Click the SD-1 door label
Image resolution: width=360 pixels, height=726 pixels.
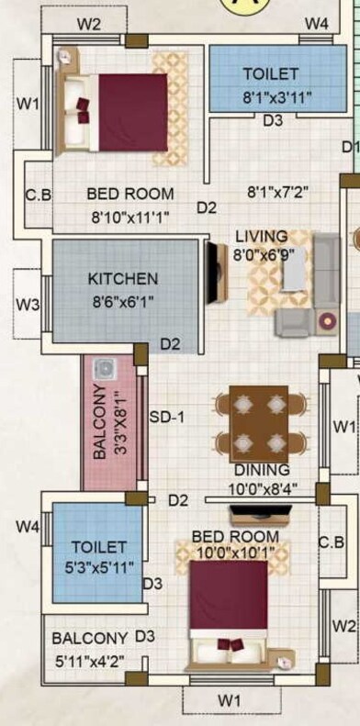click(167, 418)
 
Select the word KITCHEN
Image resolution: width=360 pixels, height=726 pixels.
click(122, 279)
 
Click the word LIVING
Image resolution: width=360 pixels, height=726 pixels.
click(261, 237)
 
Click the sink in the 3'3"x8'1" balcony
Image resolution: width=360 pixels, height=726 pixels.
click(104, 367)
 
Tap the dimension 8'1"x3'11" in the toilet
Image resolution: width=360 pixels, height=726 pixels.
click(270, 94)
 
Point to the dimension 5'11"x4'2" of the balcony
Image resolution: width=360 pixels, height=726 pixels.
click(89, 660)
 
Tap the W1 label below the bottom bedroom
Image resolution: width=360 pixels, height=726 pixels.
click(230, 701)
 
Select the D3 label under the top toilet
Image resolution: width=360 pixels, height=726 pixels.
click(273, 120)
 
